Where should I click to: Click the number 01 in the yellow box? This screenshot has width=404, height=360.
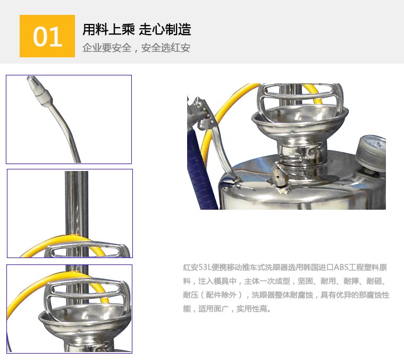tap(47, 36)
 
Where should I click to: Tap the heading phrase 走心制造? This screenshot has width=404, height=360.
tap(165, 29)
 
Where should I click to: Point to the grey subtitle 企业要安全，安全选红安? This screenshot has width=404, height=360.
tap(136, 48)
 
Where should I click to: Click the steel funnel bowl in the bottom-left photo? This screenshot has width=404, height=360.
tap(85, 324)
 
